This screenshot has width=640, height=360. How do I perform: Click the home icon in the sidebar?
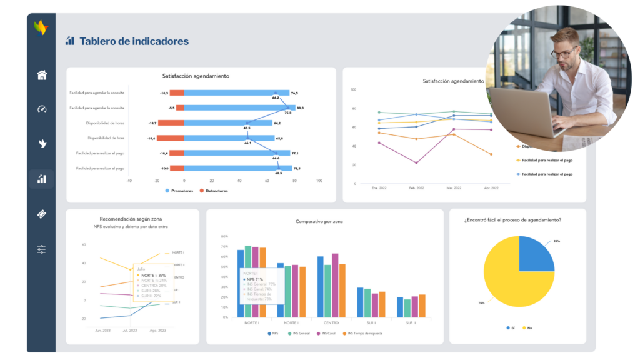(42, 76)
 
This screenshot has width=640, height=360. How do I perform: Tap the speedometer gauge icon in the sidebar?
(42, 109)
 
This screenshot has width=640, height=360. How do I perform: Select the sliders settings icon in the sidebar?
(42, 249)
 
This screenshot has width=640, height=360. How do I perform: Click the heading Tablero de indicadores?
(134, 41)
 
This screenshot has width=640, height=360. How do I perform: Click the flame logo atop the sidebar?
(41, 27)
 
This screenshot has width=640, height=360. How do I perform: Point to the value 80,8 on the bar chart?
(300, 107)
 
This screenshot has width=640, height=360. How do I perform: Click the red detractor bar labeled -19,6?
(171, 138)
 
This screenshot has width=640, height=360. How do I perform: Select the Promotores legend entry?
(179, 191)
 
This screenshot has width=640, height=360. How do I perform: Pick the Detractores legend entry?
(213, 191)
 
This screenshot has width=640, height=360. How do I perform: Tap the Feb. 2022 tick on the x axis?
(417, 187)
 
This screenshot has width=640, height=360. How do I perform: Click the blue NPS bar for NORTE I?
(241, 284)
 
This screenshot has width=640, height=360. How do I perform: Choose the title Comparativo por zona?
(319, 222)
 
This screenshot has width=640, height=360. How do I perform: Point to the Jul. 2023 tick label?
(129, 330)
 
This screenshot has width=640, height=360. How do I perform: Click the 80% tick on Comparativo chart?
(224, 237)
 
